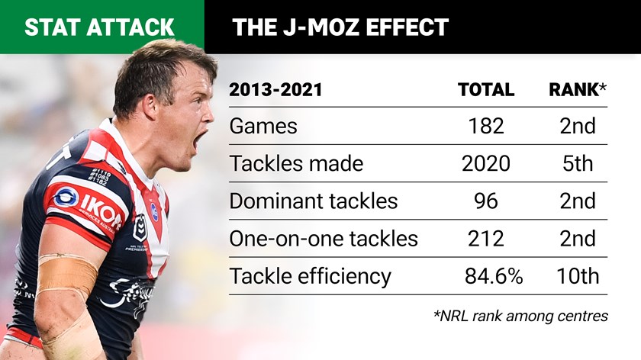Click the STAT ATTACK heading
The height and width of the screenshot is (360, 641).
(x=99, y=27)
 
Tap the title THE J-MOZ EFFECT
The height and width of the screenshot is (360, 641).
(x=340, y=27)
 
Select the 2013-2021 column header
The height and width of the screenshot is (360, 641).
(x=275, y=90)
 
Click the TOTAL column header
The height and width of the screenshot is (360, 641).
(x=486, y=90)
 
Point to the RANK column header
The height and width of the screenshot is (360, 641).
(x=577, y=90)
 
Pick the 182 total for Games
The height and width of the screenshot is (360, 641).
(x=486, y=126)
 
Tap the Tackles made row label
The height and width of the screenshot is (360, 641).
(x=297, y=163)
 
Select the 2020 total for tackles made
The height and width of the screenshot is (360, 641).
(x=486, y=163)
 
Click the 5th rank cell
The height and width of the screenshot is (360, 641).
(x=577, y=163)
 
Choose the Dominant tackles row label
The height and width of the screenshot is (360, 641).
(x=314, y=201)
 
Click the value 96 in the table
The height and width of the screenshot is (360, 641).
(x=486, y=201)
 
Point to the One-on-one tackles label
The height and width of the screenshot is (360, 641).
(x=324, y=238)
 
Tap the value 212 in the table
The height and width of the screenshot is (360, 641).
(x=486, y=238)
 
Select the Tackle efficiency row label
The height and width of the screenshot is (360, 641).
(x=311, y=275)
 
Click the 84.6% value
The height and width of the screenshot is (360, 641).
(x=493, y=275)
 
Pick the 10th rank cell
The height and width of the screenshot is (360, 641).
(x=577, y=275)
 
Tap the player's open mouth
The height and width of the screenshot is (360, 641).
(x=200, y=141)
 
